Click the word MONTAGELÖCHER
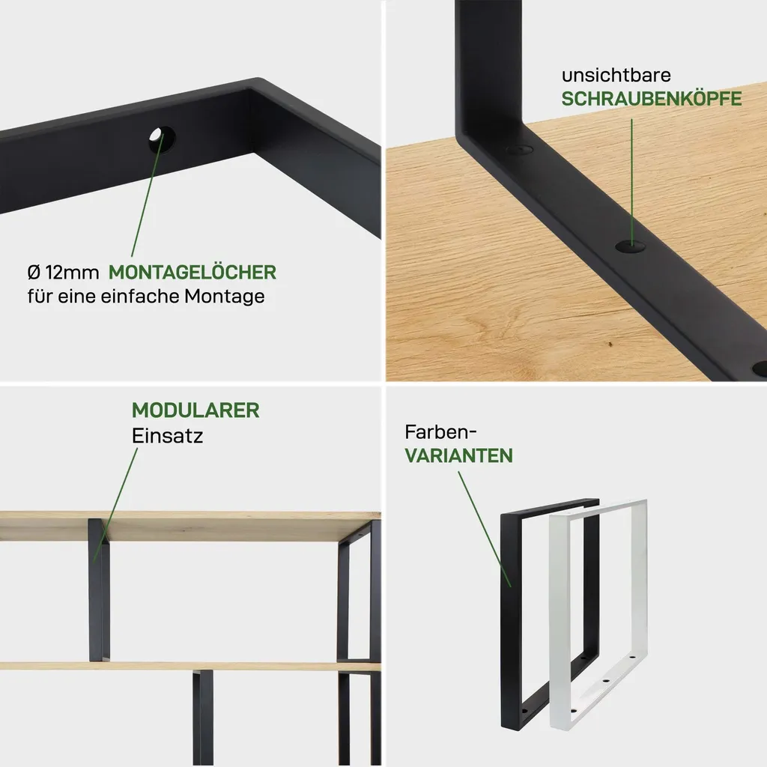[192, 272]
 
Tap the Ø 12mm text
[63, 273]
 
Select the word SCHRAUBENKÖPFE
[651, 99]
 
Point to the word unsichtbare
[616, 76]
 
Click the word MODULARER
[195, 410]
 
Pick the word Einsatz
[167, 435]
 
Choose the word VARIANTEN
[459, 455]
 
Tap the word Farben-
[440, 432]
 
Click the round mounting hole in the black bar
[163, 139]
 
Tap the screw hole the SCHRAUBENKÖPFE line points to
[630, 246]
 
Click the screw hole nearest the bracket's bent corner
[519, 150]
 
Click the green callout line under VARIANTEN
[485, 529]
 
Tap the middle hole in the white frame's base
[605, 680]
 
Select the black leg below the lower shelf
[202, 718]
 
